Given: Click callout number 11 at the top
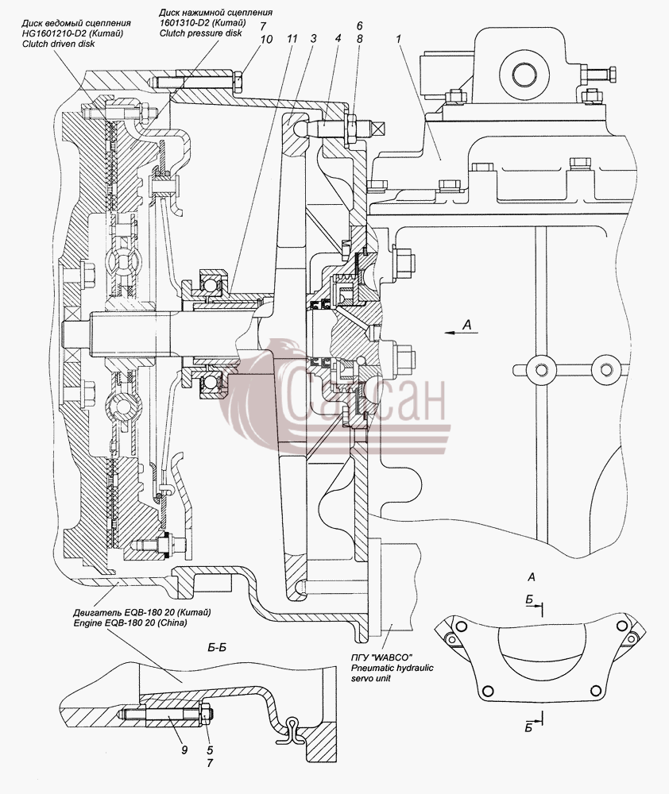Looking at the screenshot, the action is click(x=291, y=38).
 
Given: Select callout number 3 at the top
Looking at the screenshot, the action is click(x=314, y=38).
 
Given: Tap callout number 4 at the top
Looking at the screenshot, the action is click(x=338, y=38).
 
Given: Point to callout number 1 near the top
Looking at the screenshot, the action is click(x=400, y=38).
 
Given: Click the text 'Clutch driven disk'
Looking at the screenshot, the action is click(x=58, y=44).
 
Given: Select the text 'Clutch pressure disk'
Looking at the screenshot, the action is click(x=201, y=33).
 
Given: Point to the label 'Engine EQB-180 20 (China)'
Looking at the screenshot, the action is click(x=130, y=622).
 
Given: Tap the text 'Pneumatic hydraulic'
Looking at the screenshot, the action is click(x=393, y=668).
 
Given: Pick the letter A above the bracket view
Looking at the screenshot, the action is click(x=531, y=576).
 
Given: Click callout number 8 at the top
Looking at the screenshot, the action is click(x=359, y=38).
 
